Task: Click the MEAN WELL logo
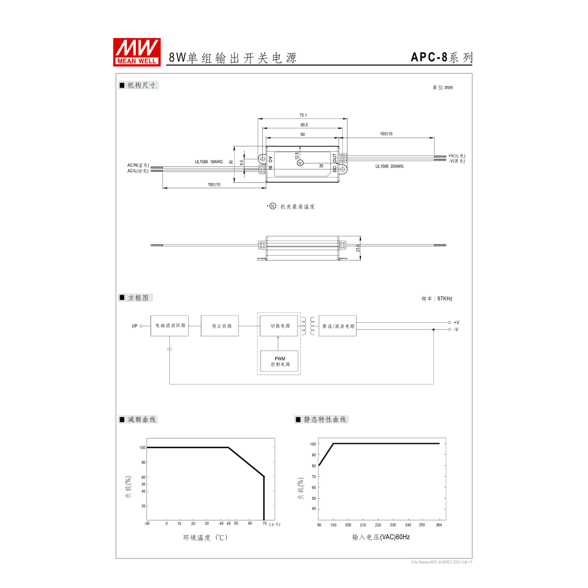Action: click(x=137, y=52)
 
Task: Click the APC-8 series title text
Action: click(x=441, y=58)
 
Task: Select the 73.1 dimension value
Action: click(x=303, y=115)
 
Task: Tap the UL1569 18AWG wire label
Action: click(x=209, y=162)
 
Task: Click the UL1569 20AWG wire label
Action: click(x=389, y=166)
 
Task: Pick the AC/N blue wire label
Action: click(x=138, y=165)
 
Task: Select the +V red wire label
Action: click(x=456, y=155)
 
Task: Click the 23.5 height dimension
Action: click(x=358, y=249)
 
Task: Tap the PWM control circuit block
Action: click(x=279, y=360)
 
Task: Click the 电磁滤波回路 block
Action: click(x=170, y=325)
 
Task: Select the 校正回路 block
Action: click(x=220, y=325)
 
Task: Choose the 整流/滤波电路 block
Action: click(x=338, y=325)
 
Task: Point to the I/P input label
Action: click(x=135, y=326)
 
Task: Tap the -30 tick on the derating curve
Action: click(x=147, y=523)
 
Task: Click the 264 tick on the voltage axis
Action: click(x=438, y=524)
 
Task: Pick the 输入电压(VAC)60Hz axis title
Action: click(x=380, y=537)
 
